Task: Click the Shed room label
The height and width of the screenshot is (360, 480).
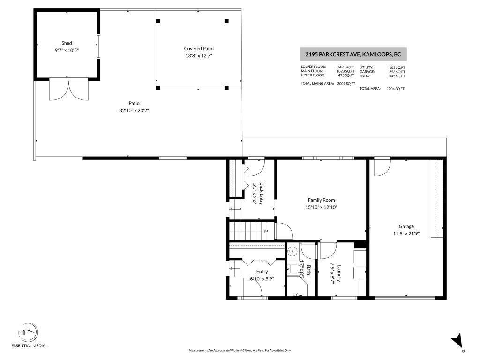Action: pos(66,43)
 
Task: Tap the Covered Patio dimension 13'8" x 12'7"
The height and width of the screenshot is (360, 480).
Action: pos(199,55)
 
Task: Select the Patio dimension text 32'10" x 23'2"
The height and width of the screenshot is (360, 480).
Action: pos(134,110)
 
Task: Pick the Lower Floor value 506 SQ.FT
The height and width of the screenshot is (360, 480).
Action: pos(346,67)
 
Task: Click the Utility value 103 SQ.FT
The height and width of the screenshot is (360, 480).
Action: pos(397,67)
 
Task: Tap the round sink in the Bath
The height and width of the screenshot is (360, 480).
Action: pos(292,251)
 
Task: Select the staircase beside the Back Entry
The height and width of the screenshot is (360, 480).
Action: pos(247,231)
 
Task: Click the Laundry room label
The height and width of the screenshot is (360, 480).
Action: pos(338,274)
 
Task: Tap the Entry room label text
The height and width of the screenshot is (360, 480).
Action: pos(262,271)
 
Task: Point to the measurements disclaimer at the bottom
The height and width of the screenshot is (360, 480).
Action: pos(240,350)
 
